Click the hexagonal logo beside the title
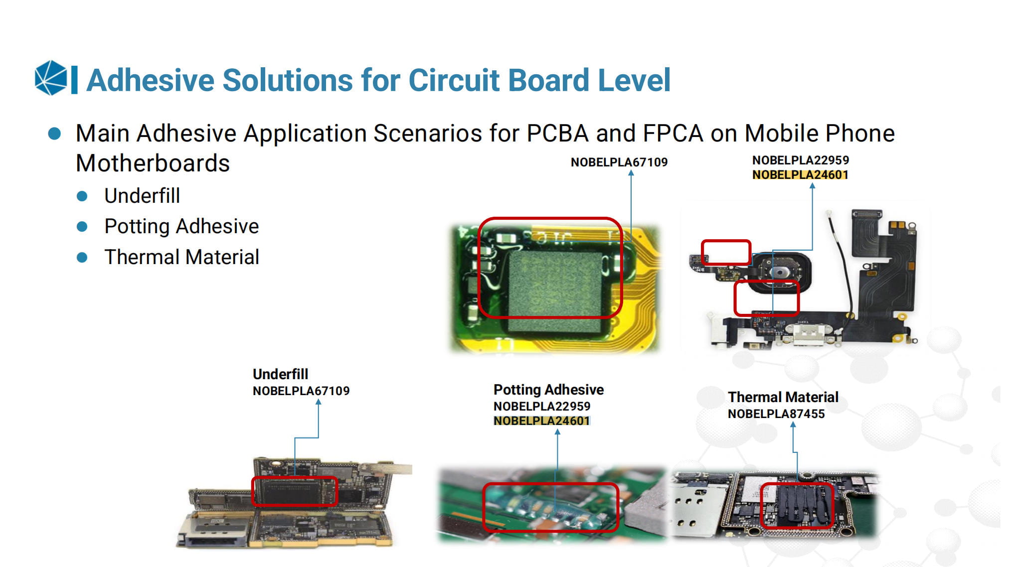click(x=51, y=78)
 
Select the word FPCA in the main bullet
click(x=673, y=134)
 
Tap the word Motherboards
click(x=153, y=163)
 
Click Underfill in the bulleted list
click(x=142, y=196)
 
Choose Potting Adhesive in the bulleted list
click(x=181, y=227)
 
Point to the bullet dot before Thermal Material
click(x=82, y=258)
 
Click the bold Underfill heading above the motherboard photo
click(x=280, y=374)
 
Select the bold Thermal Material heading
click(x=783, y=397)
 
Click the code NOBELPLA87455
click(x=776, y=414)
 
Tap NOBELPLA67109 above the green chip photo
click(x=619, y=162)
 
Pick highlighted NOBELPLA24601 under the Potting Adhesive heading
click(x=542, y=421)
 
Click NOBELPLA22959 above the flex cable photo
click(x=801, y=160)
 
